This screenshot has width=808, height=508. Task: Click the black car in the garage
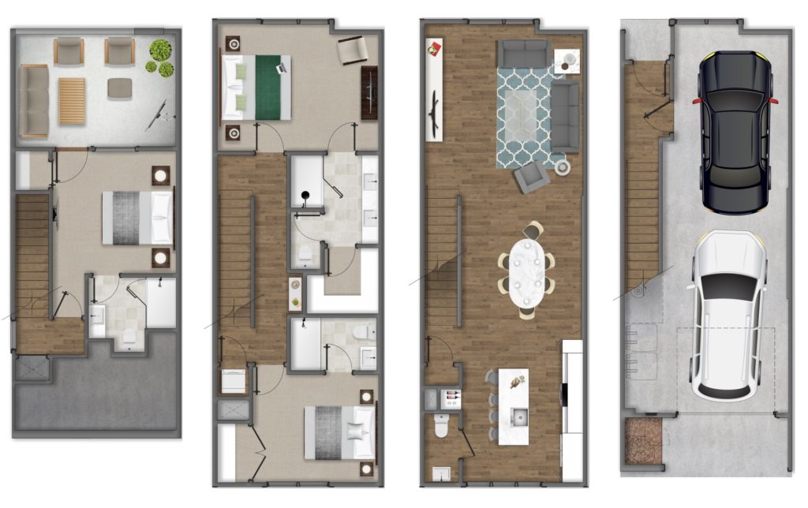pyautogui.click(x=735, y=133)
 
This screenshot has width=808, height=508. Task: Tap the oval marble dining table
pyautogui.click(x=526, y=272)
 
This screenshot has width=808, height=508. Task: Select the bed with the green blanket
pyautogui.click(x=258, y=87)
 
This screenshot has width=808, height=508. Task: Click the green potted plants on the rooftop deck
pyautogui.click(x=161, y=58)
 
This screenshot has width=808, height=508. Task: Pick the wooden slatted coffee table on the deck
pyautogui.click(x=72, y=101)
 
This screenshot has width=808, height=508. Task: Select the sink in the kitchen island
pyautogui.click(x=518, y=416)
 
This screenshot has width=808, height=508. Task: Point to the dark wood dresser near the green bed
pyautogui.click(x=369, y=93)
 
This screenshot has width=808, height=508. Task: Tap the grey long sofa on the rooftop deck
pyautogui.click(x=35, y=101)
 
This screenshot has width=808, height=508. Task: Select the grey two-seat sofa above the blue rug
pyautogui.click(x=523, y=54)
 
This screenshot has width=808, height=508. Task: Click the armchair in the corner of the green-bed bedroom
pyautogui.click(x=352, y=50)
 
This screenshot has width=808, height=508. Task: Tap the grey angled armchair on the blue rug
pyautogui.click(x=531, y=177)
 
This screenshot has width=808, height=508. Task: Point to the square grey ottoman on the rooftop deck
pyautogui.click(x=120, y=88)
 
